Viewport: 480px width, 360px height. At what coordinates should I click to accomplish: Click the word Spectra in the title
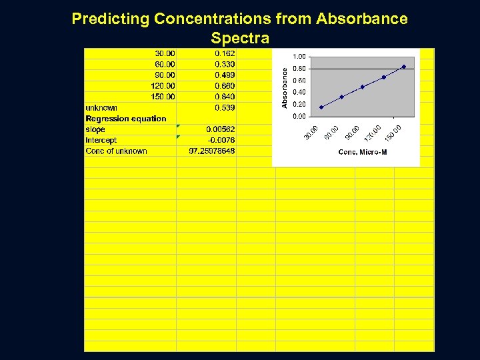239,37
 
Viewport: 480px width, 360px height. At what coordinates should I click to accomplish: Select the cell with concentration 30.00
165,53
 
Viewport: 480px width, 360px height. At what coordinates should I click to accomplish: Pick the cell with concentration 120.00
163,86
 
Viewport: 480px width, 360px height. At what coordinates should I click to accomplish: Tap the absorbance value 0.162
225,53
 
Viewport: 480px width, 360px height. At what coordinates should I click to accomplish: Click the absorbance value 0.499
225,75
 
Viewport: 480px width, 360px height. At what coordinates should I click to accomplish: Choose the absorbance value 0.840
225,97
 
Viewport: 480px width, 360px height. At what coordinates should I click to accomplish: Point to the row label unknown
101,108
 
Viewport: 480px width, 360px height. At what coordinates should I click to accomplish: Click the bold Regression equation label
126,119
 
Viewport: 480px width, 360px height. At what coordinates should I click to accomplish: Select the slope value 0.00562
221,129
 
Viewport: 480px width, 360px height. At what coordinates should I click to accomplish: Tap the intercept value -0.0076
221,140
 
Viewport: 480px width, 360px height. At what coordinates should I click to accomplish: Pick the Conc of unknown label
116,151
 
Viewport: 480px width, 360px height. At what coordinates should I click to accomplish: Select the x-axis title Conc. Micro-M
363,153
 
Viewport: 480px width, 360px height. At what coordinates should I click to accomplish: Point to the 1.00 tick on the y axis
300,57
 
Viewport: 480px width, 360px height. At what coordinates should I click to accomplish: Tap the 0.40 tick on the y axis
300,93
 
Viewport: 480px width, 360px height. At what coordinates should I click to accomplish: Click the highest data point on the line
404,67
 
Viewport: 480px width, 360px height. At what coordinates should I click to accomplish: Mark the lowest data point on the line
321,107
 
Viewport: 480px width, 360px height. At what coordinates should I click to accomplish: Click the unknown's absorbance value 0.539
225,107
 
